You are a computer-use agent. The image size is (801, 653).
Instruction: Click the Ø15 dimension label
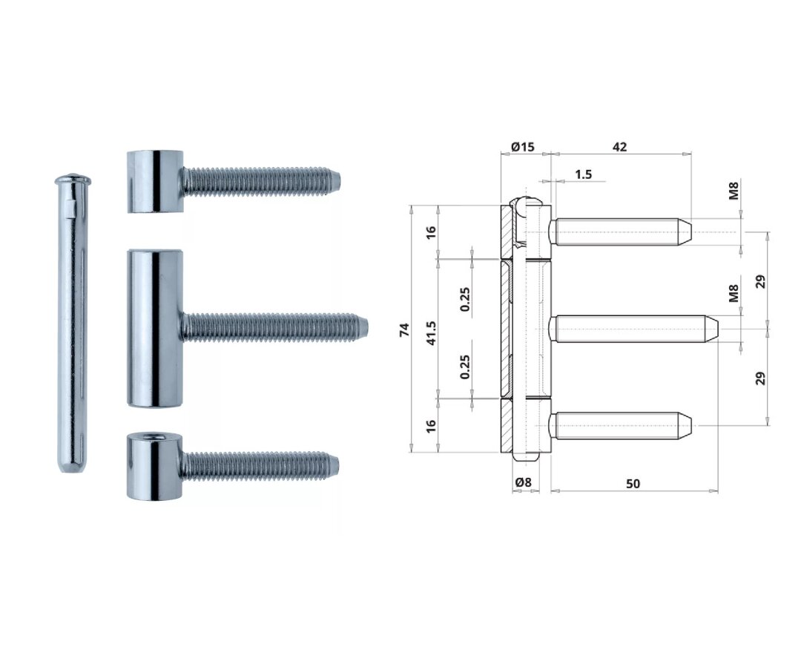click(x=523, y=147)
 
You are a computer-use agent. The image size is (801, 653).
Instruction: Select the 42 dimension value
click(x=619, y=147)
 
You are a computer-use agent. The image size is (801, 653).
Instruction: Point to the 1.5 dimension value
click(x=583, y=174)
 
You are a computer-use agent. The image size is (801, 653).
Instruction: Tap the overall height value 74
click(x=404, y=330)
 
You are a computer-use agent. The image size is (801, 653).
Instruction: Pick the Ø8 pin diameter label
click(x=524, y=483)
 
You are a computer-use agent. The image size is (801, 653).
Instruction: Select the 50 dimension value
click(x=633, y=484)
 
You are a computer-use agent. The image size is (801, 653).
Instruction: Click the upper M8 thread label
click(x=734, y=191)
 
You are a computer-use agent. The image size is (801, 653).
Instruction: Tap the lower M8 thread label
click(x=734, y=294)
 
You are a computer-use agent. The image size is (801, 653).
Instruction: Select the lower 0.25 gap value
click(x=465, y=366)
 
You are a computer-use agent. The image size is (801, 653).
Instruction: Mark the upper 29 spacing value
click(x=759, y=280)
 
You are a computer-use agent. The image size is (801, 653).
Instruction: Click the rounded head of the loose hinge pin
click(x=73, y=180)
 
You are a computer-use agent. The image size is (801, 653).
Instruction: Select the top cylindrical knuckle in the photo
click(x=154, y=181)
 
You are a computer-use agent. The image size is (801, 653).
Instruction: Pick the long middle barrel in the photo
click(x=154, y=328)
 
